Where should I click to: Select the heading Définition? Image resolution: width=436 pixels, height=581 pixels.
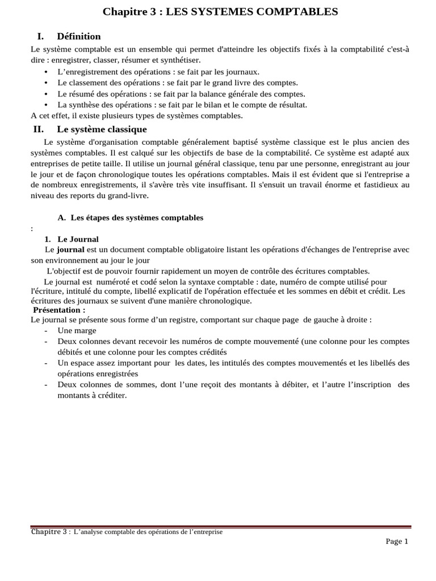click(79, 36)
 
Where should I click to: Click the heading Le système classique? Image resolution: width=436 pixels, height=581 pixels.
click(102, 129)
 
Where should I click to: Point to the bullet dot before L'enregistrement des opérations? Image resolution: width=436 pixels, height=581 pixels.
click(45, 72)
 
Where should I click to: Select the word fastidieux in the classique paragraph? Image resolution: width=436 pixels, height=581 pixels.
click(367, 186)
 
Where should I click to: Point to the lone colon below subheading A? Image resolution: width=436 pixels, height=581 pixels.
click(32, 229)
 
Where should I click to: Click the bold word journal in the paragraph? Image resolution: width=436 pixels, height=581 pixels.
click(70, 250)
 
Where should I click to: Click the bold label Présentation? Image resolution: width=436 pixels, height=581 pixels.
click(59, 310)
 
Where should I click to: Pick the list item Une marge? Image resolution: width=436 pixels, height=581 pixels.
click(77, 330)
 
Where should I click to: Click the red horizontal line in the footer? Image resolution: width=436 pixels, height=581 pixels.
click(221, 527)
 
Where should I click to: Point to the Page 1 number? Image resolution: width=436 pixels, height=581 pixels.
click(397, 541)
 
